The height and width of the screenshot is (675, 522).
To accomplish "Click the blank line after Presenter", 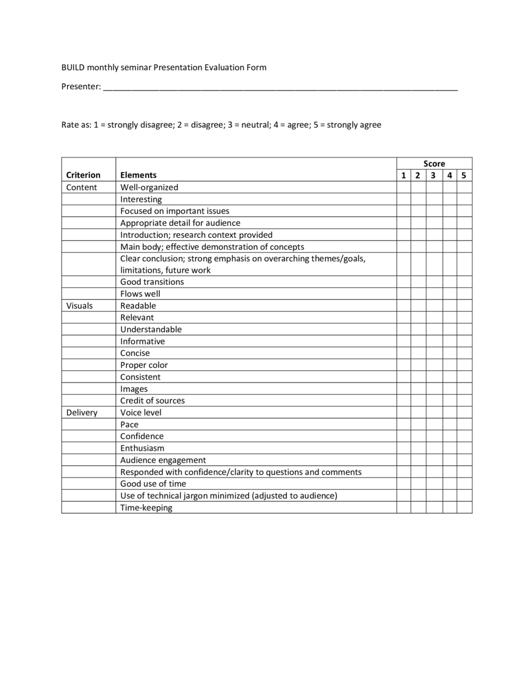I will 280,87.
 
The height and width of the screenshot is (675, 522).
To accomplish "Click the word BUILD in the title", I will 73,67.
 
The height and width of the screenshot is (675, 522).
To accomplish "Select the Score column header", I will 434,163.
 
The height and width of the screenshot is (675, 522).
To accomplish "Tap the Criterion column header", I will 83,175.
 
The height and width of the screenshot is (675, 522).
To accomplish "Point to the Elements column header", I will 138,175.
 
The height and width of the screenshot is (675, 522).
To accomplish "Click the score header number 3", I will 433,175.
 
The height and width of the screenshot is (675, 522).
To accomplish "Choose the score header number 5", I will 464,175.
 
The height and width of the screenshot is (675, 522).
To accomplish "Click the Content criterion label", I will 81,187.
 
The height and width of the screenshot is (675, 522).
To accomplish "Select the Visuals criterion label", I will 79,306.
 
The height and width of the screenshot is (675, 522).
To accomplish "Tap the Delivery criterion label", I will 81,413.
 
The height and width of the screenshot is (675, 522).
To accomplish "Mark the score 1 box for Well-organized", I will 404,187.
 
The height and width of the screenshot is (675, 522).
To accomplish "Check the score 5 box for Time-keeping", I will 464,508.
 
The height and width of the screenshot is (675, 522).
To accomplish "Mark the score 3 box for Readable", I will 434,306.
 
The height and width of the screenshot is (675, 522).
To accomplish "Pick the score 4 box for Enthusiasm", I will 449,448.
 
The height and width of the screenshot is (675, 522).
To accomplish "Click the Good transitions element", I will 152,282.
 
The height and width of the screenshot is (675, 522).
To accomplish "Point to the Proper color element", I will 144,365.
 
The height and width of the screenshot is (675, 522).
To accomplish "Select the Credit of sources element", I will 152,401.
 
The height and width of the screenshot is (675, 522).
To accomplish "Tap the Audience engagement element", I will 163,460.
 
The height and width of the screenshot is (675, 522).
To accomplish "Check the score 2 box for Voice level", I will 418,413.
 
